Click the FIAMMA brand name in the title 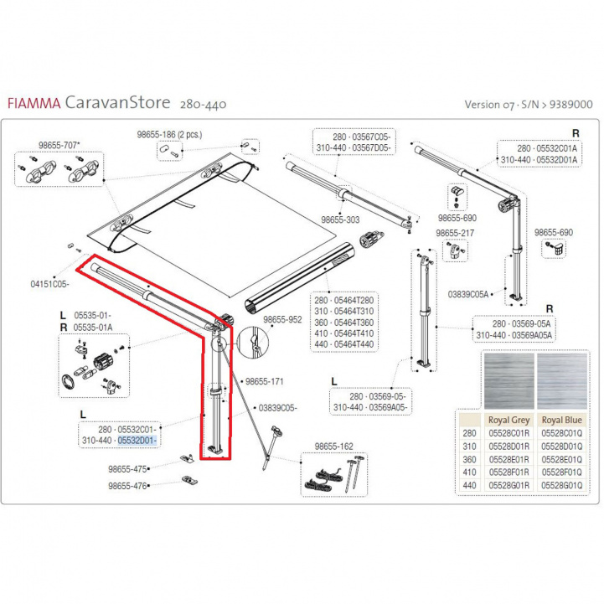[x=33, y=105]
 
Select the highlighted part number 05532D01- [x=137, y=440]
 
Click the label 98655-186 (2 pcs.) [x=170, y=134]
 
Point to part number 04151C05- [x=49, y=284]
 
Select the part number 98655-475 [x=128, y=468]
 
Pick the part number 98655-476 [x=128, y=485]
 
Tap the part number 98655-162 [x=333, y=447]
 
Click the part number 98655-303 [x=340, y=219]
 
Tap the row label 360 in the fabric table [x=469, y=460]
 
